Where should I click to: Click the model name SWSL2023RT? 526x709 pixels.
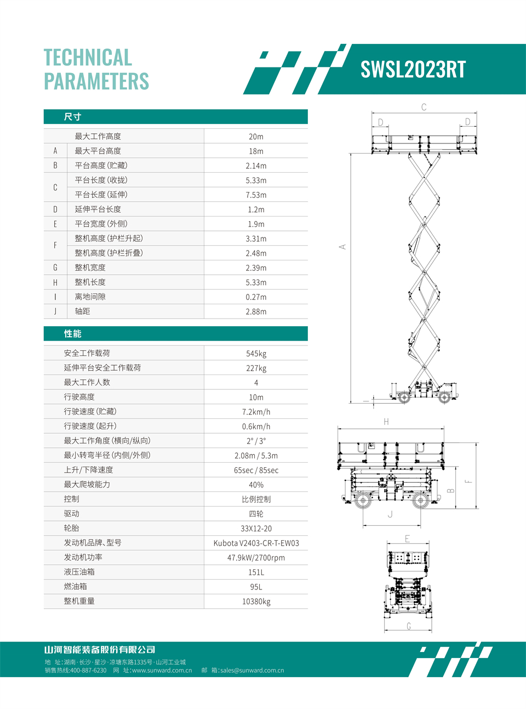click(x=413, y=70)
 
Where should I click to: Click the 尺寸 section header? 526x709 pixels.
click(x=72, y=117)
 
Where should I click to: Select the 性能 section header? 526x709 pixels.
click(x=72, y=334)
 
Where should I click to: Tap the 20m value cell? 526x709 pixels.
click(x=256, y=137)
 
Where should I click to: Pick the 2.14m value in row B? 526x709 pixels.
click(x=256, y=166)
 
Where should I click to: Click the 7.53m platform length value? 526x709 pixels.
click(x=256, y=195)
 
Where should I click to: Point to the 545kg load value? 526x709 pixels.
click(x=256, y=354)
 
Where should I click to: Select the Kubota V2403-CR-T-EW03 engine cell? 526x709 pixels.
click(x=256, y=543)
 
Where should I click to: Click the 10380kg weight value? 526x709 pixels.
click(x=256, y=602)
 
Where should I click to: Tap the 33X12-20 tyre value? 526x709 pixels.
click(x=256, y=529)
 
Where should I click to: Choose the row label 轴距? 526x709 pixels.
click(x=82, y=311)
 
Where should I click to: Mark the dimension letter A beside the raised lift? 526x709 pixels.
click(x=342, y=247)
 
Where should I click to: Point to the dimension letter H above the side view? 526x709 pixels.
click(x=386, y=422)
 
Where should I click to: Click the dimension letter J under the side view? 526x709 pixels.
click(x=390, y=514)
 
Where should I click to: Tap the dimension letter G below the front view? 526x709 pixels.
click(x=409, y=626)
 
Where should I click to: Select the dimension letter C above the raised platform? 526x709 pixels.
click(x=424, y=107)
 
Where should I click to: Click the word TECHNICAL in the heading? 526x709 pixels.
click(x=88, y=58)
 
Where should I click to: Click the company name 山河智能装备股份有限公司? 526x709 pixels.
click(x=100, y=650)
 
